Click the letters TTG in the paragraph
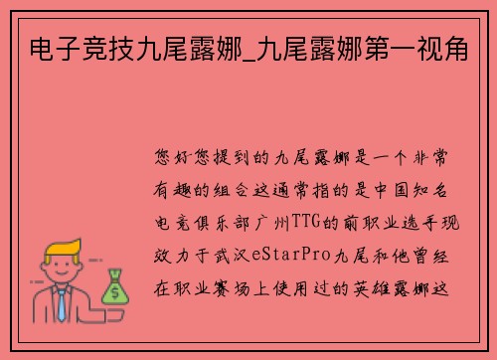pos(306,212)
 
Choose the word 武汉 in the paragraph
pos(263,240)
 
